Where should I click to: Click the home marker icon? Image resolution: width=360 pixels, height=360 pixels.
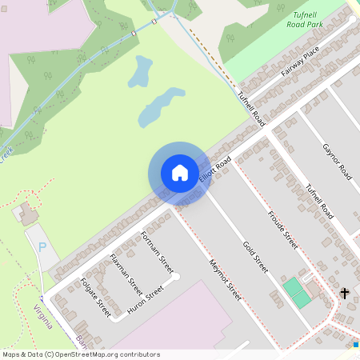(x=179, y=172)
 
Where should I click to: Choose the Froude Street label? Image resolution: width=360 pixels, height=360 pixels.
(x=283, y=230)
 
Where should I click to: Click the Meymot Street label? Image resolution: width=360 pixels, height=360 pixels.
(x=225, y=279)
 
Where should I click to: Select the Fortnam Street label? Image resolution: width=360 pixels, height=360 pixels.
(x=157, y=249)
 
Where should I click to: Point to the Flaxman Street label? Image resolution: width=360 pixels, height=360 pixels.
(x=126, y=274)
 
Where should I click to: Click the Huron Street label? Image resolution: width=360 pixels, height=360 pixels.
(x=146, y=298)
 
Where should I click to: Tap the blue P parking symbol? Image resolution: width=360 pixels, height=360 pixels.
(x=42, y=247)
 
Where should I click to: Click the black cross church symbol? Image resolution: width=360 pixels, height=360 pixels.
(x=345, y=294)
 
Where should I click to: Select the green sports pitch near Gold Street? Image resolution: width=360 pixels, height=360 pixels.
(x=296, y=291)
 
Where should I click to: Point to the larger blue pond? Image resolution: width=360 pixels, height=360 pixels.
(x=160, y=108)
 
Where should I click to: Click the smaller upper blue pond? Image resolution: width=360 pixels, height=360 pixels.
(x=141, y=72)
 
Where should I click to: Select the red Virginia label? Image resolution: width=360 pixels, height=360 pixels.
(x=43, y=317)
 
